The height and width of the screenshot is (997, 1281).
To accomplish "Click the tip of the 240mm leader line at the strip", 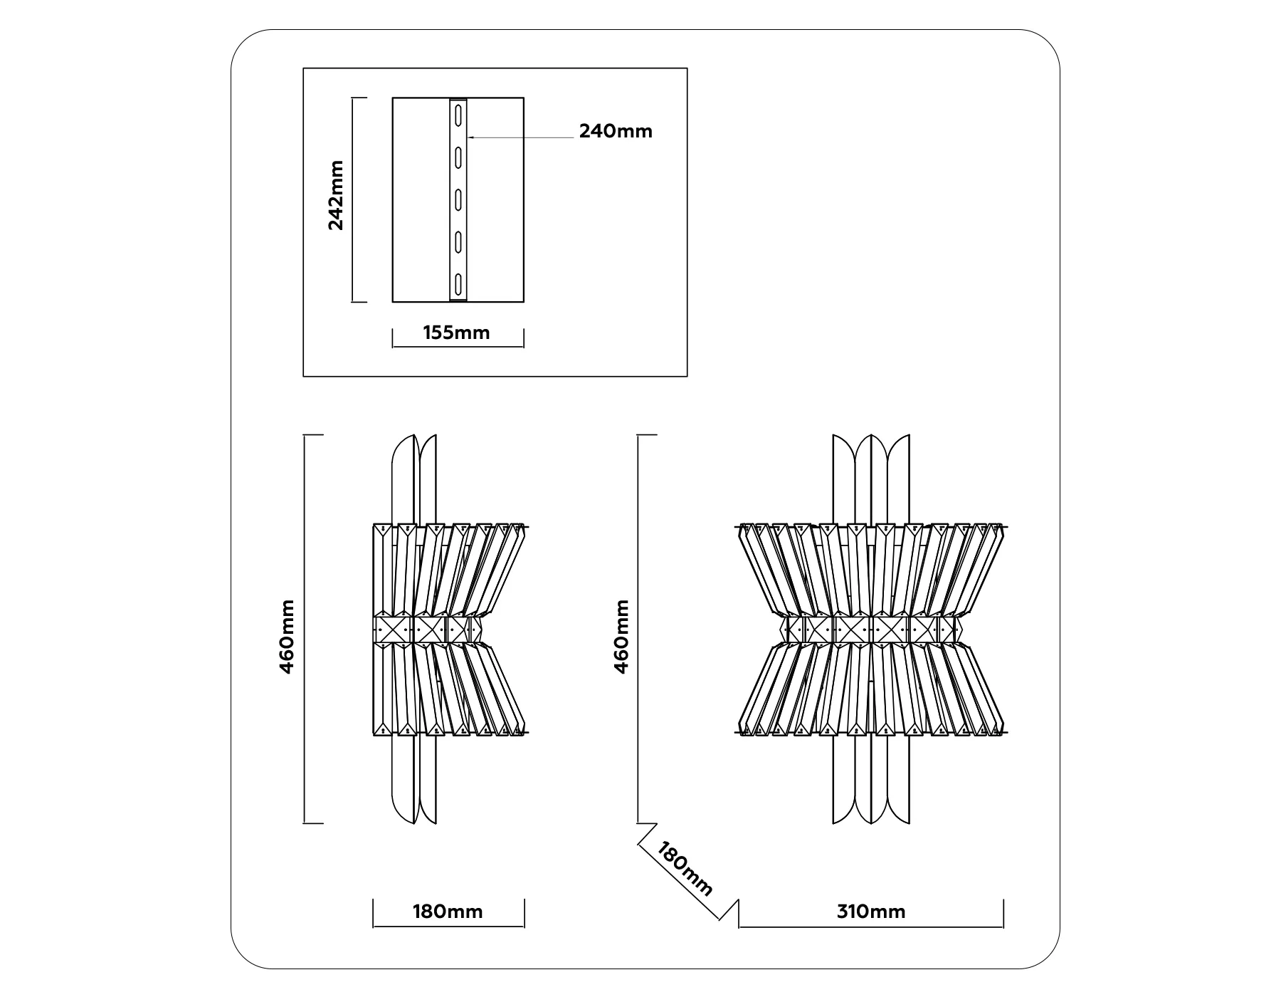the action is pyautogui.click(x=467, y=137).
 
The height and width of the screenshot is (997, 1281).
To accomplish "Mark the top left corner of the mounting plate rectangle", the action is pyautogui.click(x=393, y=98).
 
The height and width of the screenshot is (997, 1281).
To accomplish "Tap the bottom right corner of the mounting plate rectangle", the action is pyautogui.click(x=524, y=302).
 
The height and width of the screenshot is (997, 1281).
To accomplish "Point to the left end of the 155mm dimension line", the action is pyautogui.click(x=393, y=347).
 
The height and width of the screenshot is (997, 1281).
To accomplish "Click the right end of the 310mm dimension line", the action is pyautogui.click(x=1003, y=927).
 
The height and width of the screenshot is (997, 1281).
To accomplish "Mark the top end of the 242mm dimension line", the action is pyautogui.click(x=353, y=98).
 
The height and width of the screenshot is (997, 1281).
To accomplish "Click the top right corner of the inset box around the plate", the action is pyautogui.click(x=687, y=68).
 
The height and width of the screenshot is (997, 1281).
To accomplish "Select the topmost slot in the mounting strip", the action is pyautogui.click(x=459, y=114).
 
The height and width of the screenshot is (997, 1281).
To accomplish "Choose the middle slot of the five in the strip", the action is pyautogui.click(x=459, y=199).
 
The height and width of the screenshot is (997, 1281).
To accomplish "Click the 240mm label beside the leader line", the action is pyautogui.click(x=616, y=131).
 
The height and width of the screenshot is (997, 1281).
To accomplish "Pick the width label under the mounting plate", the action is pyautogui.click(x=456, y=333).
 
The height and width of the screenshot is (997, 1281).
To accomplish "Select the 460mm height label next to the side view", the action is pyautogui.click(x=287, y=637).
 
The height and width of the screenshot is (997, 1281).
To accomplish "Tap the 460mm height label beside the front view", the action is pyautogui.click(x=621, y=637).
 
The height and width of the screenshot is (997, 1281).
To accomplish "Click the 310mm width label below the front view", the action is pyautogui.click(x=871, y=912).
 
